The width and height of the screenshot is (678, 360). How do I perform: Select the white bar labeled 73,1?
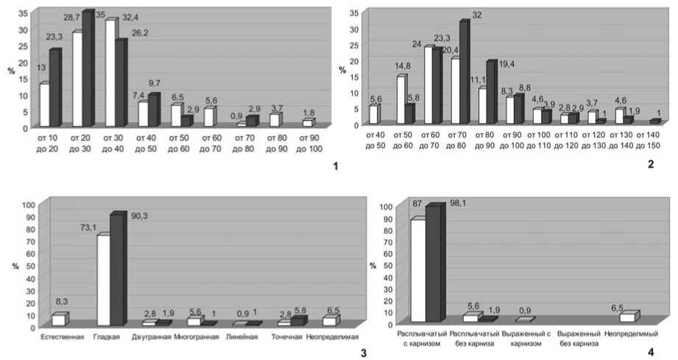point(103,280)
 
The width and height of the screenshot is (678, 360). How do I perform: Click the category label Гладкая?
point(107,337)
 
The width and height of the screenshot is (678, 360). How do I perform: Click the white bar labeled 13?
point(44,105)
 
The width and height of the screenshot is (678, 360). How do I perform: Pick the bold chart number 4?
point(650,352)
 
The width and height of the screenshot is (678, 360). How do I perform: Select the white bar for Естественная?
point(57,320)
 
